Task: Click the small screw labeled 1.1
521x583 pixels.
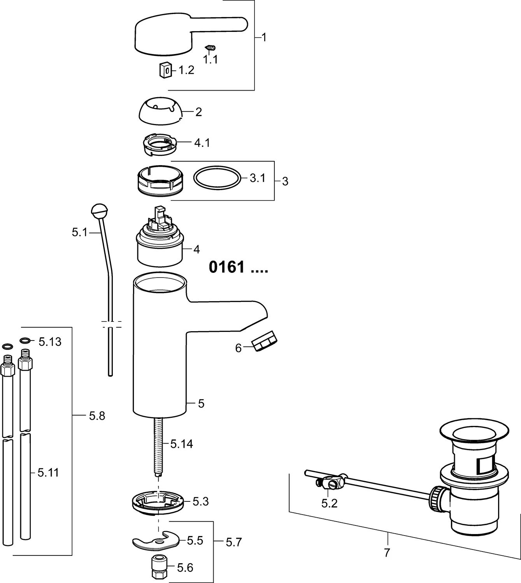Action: [x=210, y=48]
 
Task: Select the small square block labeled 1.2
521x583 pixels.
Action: [x=166, y=70]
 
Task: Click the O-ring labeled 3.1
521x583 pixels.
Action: [x=216, y=178]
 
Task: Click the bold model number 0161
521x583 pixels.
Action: [x=227, y=267]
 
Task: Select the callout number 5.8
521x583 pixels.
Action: [x=97, y=416]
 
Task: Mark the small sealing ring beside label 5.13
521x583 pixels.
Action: [x=25, y=341]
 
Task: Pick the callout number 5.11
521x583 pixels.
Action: [x=48, y=473]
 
